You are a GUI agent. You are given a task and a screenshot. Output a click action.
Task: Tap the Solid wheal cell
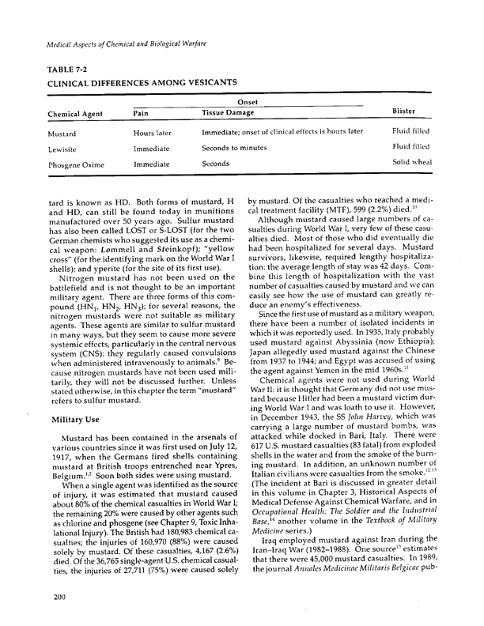tap(411, 164)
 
